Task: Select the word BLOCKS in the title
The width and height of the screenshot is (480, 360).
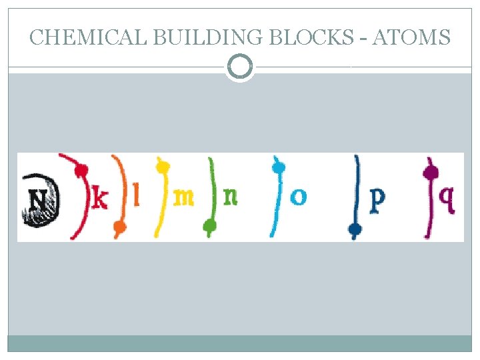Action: coord(311,37)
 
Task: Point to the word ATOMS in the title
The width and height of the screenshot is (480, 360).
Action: coord(411,37)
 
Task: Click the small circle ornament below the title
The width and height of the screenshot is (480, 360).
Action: coord(240,67)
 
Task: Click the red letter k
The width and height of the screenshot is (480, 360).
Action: coord(99,198)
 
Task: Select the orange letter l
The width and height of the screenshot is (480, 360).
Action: coord(137,196)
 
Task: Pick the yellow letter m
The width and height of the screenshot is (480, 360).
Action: coord(183,197)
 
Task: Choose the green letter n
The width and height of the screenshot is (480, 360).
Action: coord(230,197)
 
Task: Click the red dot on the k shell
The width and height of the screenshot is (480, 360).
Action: coord(81,171)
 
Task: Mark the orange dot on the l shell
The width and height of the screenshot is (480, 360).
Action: coord(120,228)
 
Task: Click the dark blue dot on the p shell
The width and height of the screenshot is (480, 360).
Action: coord(355,230)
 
